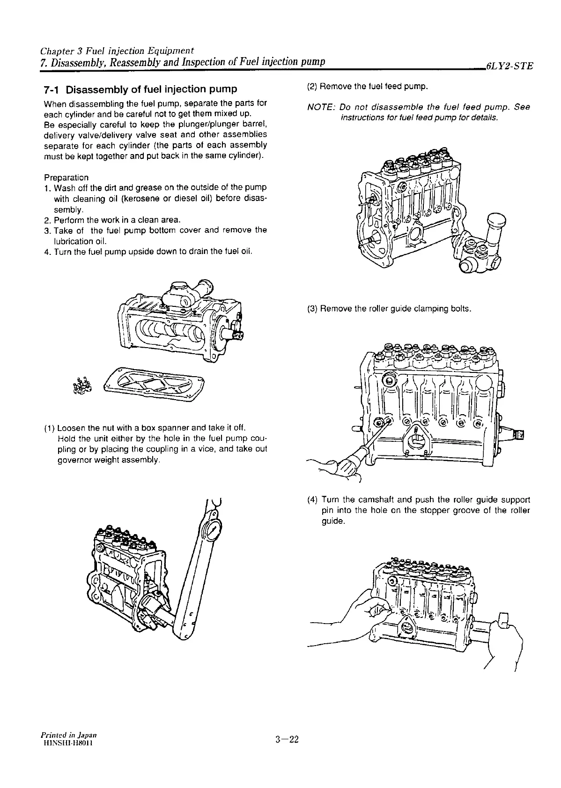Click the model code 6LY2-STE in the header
(509, 66)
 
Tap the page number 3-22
(287, 740)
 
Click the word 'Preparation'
(66, 178)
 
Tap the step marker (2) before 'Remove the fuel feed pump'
(312, 87)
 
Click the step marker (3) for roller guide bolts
(312, 309)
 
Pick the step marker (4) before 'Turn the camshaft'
(312, 499)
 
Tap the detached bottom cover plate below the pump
(155, 384)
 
